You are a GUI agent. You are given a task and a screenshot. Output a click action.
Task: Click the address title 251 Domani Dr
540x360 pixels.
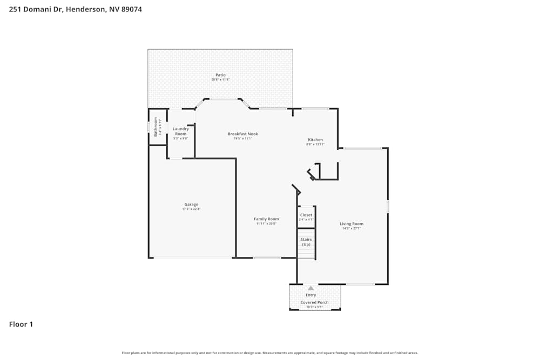76,9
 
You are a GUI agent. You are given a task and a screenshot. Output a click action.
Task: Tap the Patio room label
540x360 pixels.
220,75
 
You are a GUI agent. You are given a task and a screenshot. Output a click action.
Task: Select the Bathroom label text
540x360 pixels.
156,126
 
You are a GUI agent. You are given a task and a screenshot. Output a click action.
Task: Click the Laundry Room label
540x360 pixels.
181,131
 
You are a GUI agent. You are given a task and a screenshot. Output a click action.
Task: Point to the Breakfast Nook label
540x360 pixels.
242,134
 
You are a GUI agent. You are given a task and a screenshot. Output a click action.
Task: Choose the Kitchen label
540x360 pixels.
315,140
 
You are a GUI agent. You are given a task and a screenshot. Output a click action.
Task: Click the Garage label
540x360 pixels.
191,205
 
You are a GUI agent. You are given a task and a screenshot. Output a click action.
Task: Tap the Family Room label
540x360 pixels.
266,219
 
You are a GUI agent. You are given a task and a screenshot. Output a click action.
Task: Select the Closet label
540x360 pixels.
306,215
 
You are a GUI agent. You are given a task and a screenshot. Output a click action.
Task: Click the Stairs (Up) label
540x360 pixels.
306,242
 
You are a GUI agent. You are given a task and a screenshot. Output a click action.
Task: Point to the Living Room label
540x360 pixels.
351,223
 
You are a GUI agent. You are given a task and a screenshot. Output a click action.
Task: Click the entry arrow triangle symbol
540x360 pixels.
310,288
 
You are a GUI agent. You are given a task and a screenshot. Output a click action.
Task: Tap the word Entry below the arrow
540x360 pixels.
311,295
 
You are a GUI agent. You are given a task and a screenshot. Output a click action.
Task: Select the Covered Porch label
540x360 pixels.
314,302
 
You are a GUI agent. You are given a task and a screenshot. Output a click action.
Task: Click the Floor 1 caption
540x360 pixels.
21,324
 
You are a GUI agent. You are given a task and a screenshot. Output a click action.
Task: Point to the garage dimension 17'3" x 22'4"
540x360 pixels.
191,209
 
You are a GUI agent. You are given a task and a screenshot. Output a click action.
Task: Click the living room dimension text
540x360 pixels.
351,228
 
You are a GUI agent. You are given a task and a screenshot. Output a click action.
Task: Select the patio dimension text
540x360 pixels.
220,80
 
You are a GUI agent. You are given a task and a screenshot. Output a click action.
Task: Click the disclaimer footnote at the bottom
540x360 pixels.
269,353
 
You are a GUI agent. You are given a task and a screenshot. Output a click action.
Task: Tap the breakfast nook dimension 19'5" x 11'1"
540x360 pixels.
242,139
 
